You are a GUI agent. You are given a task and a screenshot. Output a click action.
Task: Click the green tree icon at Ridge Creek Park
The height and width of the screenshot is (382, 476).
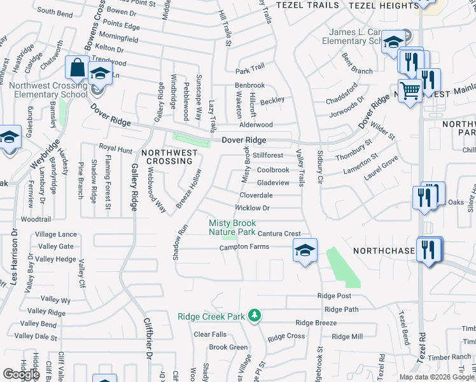pos(255,315)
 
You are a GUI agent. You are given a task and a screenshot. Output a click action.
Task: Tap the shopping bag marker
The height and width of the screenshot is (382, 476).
pos(77,67)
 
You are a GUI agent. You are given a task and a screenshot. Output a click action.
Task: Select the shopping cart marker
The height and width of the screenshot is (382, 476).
pos(410,90)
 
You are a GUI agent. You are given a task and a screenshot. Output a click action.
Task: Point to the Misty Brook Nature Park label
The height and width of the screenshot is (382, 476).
pos(232,227)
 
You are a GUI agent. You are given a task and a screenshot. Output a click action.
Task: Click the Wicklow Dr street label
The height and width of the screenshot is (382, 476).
pos(253,208)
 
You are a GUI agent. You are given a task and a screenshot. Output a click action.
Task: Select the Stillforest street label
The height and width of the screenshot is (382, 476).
pos(268,155)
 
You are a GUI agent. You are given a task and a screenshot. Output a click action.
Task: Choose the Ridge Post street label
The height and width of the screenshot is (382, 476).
pos(334,296)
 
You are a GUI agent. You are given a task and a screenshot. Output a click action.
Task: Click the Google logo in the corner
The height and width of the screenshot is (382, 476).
pos(21,374)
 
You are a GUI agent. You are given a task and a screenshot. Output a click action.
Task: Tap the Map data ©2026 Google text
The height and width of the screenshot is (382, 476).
pos(437,377)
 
